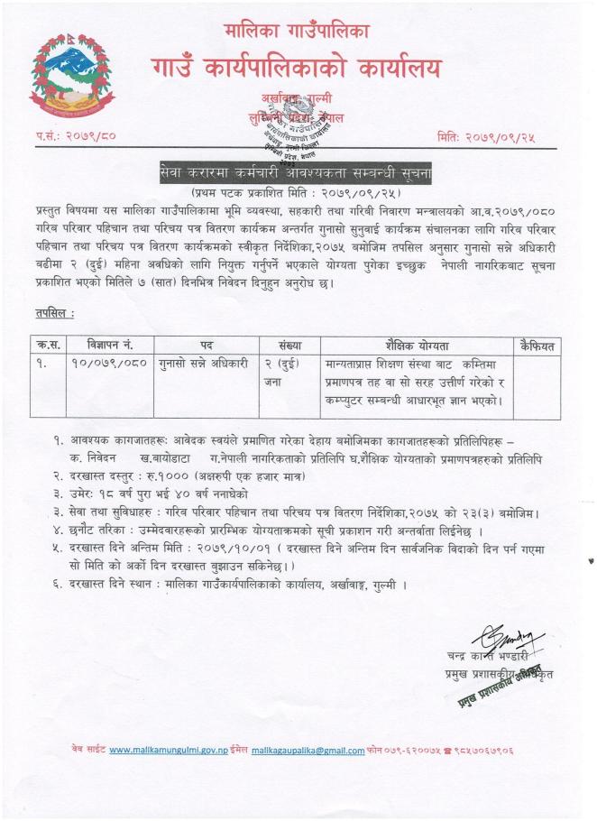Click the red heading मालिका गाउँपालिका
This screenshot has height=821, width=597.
(x=297, y=32)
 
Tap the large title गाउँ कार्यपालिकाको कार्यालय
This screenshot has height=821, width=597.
(x=297, y=68)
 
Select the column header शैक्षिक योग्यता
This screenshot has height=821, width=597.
(x=415, y=345)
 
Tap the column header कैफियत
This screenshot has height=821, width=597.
(x=537, y=345)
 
